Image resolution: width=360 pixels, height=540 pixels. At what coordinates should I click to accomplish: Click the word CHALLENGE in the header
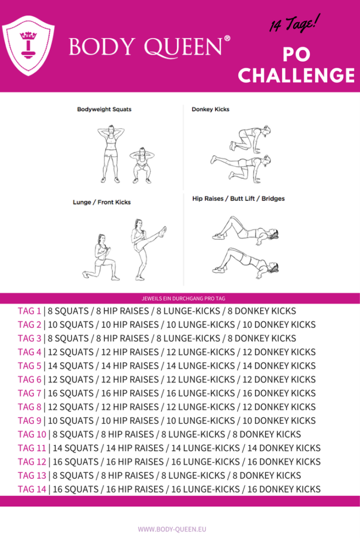(297, 75)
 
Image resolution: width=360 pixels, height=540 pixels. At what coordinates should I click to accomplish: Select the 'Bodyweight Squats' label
(104, 109)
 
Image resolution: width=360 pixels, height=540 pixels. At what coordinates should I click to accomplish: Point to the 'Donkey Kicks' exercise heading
(210, 109)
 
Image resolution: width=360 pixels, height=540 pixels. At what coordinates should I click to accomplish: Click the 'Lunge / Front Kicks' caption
(102, 203)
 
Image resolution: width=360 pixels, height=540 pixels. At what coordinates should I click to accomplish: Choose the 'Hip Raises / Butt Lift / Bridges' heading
(238, 198)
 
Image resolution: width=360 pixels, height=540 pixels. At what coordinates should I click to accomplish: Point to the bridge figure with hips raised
(244, 261)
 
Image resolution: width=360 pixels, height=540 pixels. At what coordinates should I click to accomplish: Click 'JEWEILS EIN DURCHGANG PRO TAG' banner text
(180, 298)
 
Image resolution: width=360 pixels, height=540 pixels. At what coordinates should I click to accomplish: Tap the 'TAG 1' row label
(30, 311)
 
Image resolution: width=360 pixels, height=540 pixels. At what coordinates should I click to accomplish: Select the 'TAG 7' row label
(30, 393)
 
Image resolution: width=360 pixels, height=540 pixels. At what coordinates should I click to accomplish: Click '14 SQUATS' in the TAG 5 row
(70, 366)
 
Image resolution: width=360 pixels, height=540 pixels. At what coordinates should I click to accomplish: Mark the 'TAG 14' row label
(32, 489)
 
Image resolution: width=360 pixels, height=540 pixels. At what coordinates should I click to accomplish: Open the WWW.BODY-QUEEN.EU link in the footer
(180, 529)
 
